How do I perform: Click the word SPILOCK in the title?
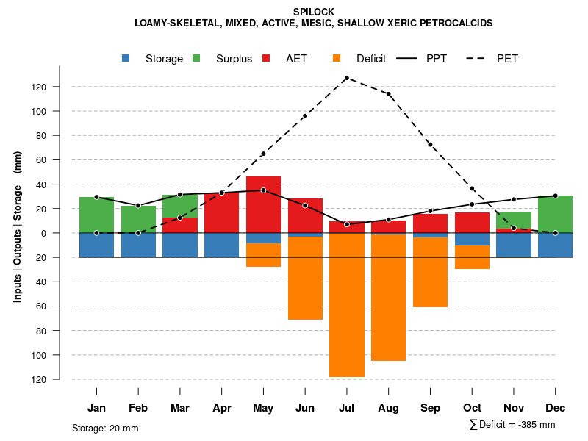pyautogui.click(x=314, y=12)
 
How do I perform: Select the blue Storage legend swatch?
pyautogui.click(x=126, y=58)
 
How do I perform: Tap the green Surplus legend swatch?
pyautogui.click(x=197, y=58)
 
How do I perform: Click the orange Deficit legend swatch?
pyautogui.click(x=337, y=58)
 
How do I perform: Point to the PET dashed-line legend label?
pyautogui.click(x=507, y=59)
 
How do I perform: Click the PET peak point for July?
pyautogui.click(x=346, y=78)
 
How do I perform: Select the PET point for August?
pyautogui.click(x=388, y=94)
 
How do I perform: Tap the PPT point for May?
pyautogui.click(x=263, y=190)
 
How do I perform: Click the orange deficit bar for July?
pyautogui.click(x=346, y=305)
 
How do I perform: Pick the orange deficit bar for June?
pyautogui.click(x=305, y=278)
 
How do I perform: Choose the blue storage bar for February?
pyautogui.click(x=138, y=245)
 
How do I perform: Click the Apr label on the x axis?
pyautogui.click(x=221, y=408)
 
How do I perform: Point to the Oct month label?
pyautogui.click(x=472, y=408)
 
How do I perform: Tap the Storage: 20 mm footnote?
pyautogui.click(x=105, y=428)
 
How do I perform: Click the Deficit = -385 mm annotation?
pyautogui.click(x=512, y=425)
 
